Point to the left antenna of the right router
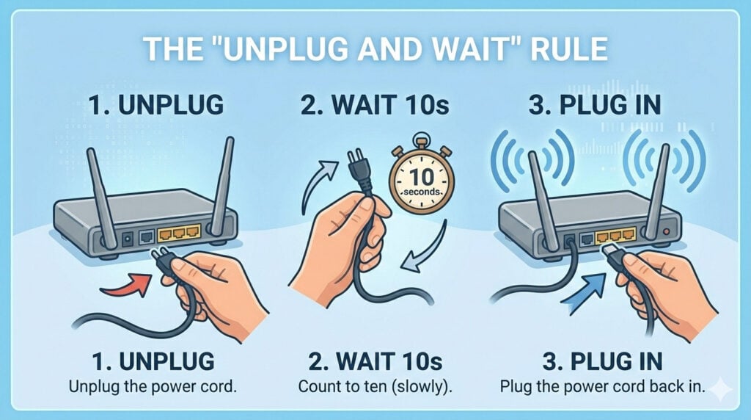pyautogui.click(x=544, y=192)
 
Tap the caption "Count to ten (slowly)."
pyautogui.click(x=375, y=386)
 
